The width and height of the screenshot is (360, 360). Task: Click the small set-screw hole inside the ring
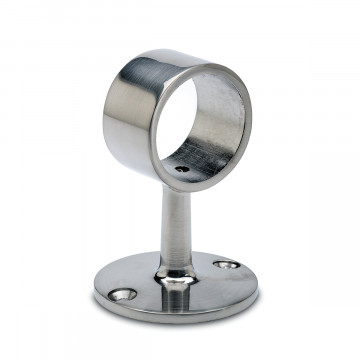[x=181, y=169]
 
